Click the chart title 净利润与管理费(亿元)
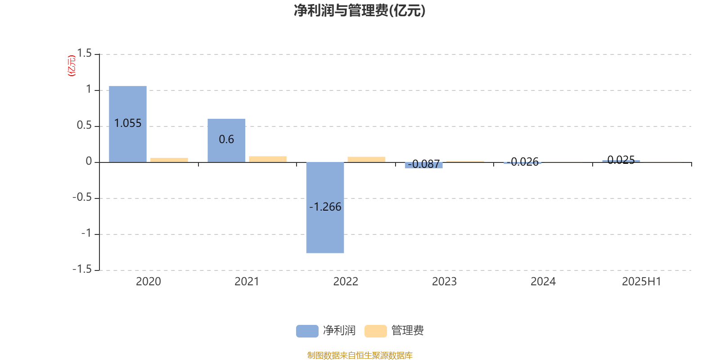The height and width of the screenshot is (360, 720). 360,11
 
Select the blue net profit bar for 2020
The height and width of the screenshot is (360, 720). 128,124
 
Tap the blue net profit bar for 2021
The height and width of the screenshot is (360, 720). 226,140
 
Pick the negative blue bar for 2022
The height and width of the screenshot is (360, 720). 325,207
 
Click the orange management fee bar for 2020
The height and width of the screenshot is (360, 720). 169,160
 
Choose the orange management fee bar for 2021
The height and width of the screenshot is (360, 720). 268,159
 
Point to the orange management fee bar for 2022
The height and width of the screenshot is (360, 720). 366,159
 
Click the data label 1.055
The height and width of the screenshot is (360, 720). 128,123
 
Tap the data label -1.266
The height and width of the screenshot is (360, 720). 325,207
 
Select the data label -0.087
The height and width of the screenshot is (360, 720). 423,164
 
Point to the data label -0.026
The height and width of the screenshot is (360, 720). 522,162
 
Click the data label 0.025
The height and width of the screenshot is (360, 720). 621,160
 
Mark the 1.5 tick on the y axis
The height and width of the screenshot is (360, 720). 84,53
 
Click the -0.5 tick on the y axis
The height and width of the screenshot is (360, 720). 82,197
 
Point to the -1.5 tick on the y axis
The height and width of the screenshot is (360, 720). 82,269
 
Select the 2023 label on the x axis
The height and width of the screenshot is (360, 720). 444,282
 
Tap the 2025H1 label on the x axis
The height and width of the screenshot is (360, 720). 641,282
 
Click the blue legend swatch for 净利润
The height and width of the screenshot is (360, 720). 307,331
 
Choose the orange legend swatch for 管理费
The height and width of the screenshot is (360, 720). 375,331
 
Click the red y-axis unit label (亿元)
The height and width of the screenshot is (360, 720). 72,66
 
